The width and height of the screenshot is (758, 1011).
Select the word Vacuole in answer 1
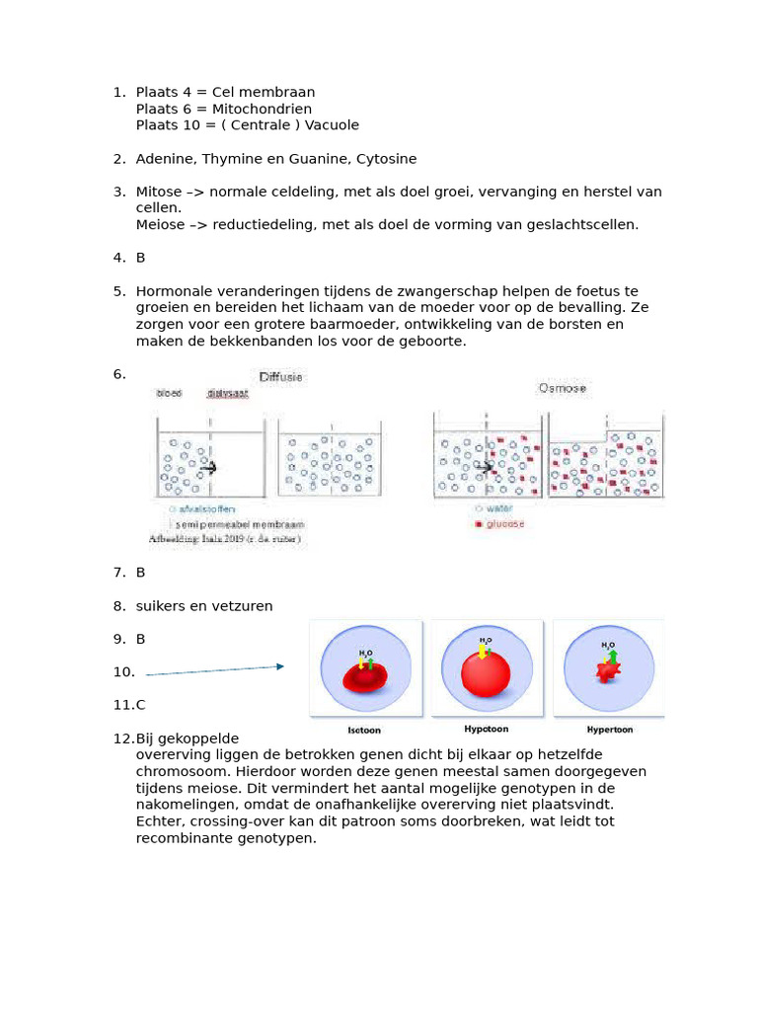pos(332,125)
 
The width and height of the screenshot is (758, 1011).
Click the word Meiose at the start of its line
pos(158,224)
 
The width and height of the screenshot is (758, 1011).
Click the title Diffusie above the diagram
pos(281,377)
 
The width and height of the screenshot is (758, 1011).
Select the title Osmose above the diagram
pos(561,388)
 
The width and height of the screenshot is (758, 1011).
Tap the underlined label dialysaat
pos(228,393)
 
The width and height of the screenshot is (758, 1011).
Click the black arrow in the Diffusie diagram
pos(208,468)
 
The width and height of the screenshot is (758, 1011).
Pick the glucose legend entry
pos(502,523)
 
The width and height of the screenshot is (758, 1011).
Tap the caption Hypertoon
pos(609,730)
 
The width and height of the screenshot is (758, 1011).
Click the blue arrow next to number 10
pos(215,670)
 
